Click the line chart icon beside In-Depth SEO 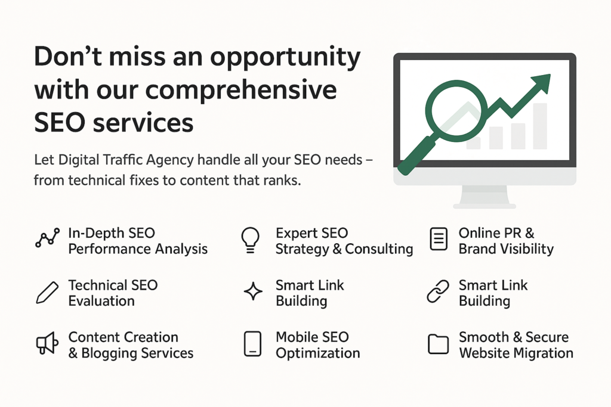(48, 238)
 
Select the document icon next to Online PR (439, 239)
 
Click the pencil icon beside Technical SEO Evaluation (47, 292)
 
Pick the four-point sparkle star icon (253, 291)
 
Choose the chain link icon (438, 291)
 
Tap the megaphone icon (47, 343)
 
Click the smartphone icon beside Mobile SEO (252, 344)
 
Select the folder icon (439, 344)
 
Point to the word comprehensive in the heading (241, 91)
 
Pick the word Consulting (379, 249)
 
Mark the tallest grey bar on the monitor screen (539, 126)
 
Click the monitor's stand (485, 197)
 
